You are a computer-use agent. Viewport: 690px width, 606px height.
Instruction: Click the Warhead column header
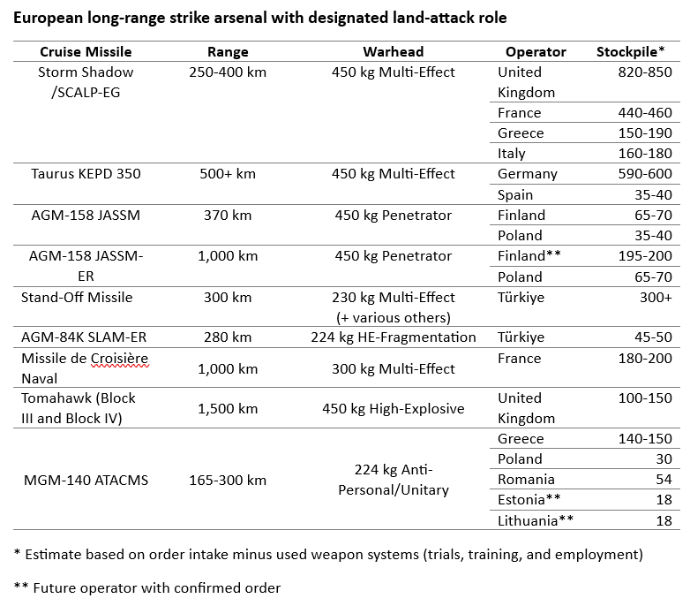[393, 52]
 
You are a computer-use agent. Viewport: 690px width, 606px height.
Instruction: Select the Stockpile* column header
[630, 52]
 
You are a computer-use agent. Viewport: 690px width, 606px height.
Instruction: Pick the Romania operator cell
[526, 480]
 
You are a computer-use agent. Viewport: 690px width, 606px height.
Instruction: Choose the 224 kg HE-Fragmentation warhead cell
[393, 337]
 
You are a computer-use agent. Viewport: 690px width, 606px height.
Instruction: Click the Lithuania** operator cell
[536, 521]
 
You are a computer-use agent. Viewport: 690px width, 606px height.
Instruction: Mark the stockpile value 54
[663, 480]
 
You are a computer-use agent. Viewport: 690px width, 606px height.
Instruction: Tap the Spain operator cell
[515, 194]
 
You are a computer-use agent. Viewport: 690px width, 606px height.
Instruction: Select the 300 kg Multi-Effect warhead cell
[393, 368]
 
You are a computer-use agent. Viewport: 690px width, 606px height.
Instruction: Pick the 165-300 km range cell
[228, 480]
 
